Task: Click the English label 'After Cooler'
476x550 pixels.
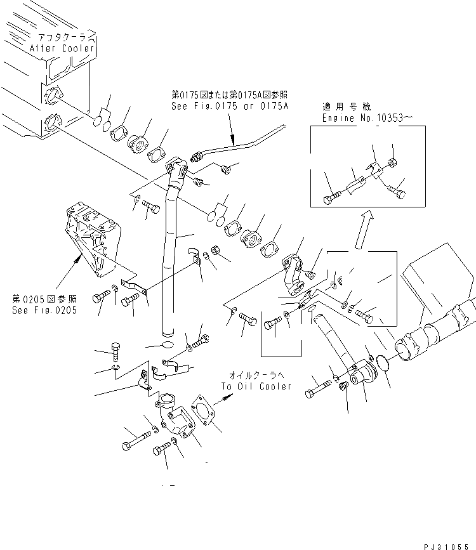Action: click(x=63, y=48)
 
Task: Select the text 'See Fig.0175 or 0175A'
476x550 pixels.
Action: click(x=221, y=106)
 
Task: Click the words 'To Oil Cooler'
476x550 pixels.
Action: click(x=256, y=386)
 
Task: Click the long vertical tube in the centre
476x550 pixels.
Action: click(x=170, y=254)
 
